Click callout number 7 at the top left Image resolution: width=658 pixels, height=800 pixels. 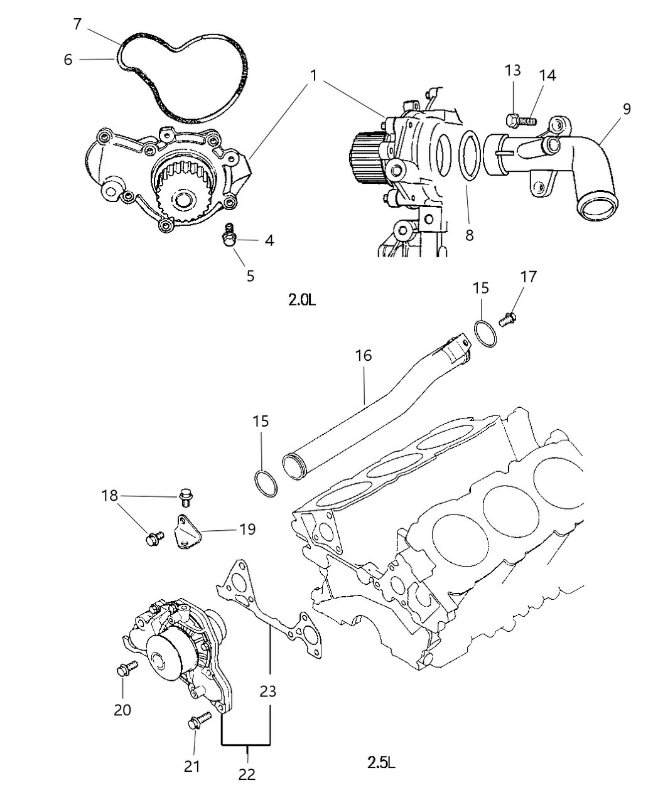[x=77, y=24]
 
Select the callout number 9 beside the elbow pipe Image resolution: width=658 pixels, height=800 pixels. [x=626, y=108]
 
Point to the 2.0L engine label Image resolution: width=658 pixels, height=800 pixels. [x=302, y=300]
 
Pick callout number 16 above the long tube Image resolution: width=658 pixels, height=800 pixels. [x=364, y=355]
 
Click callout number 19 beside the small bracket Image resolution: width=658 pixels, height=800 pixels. [x=247, y=529]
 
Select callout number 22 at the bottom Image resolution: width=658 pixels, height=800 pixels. [x=247, y=774]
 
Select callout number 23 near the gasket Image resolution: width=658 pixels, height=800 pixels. [x=268, y=692]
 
